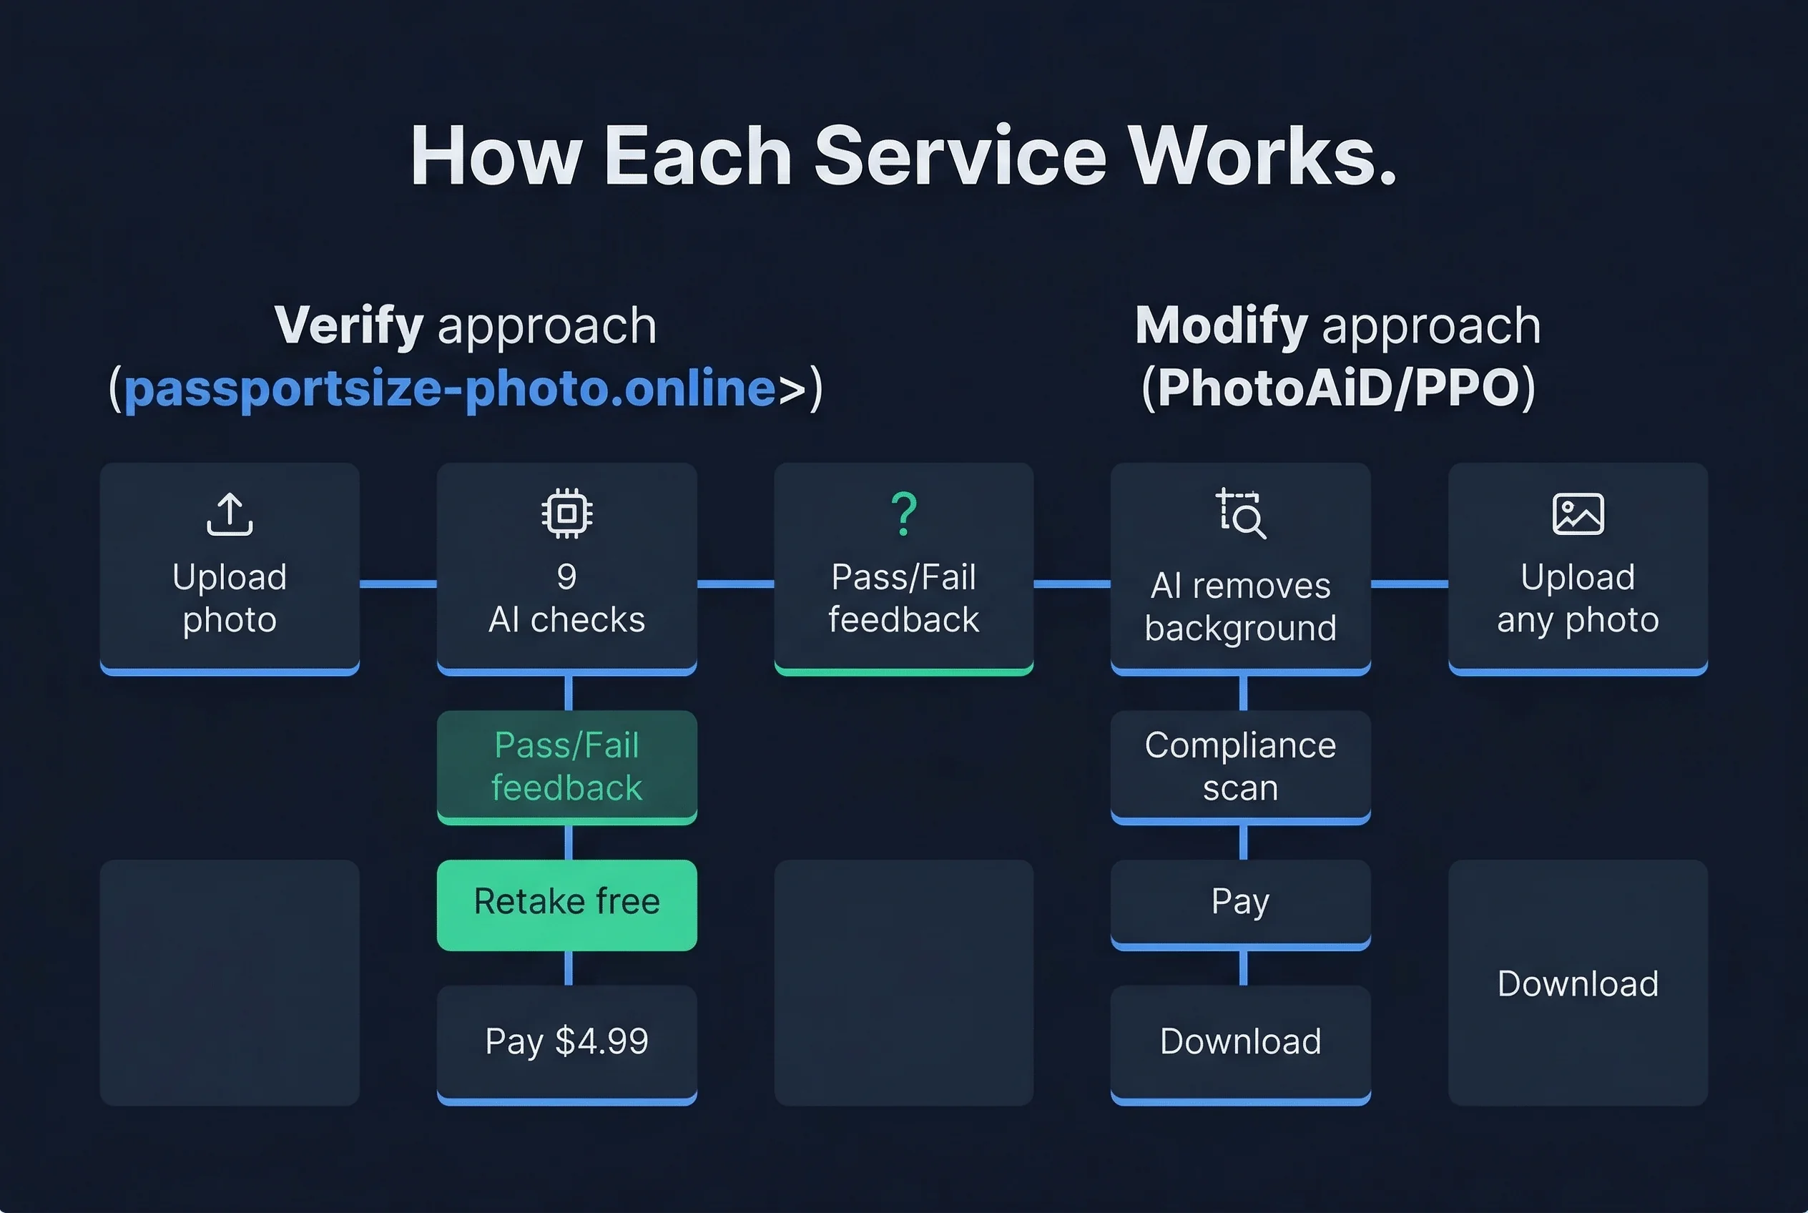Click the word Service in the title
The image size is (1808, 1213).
pos(959,157)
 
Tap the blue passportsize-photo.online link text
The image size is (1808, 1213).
pos(448,388)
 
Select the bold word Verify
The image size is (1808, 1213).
pos(349,325)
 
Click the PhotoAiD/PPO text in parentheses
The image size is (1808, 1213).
pos(1338,388)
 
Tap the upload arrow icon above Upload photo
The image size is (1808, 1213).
pos(230,514)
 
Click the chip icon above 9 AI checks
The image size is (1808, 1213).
pos(567,514)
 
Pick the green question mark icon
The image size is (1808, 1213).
pos(903,514)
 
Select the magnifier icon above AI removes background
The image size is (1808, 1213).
pos(1241,514)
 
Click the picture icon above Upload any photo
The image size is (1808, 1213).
pos(1578,514)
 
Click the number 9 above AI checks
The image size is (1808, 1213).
pos(567,576)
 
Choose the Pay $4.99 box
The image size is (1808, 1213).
pos(567,1042)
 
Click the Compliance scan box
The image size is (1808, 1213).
pos(1241,766)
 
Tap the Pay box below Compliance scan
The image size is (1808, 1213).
pos(1241,902)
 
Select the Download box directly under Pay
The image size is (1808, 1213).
pos(1241,1042)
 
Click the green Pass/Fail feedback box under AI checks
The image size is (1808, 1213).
pos(567,766)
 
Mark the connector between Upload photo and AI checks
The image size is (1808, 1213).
pos(398,584)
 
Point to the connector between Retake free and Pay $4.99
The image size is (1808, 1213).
pos(569,968)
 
